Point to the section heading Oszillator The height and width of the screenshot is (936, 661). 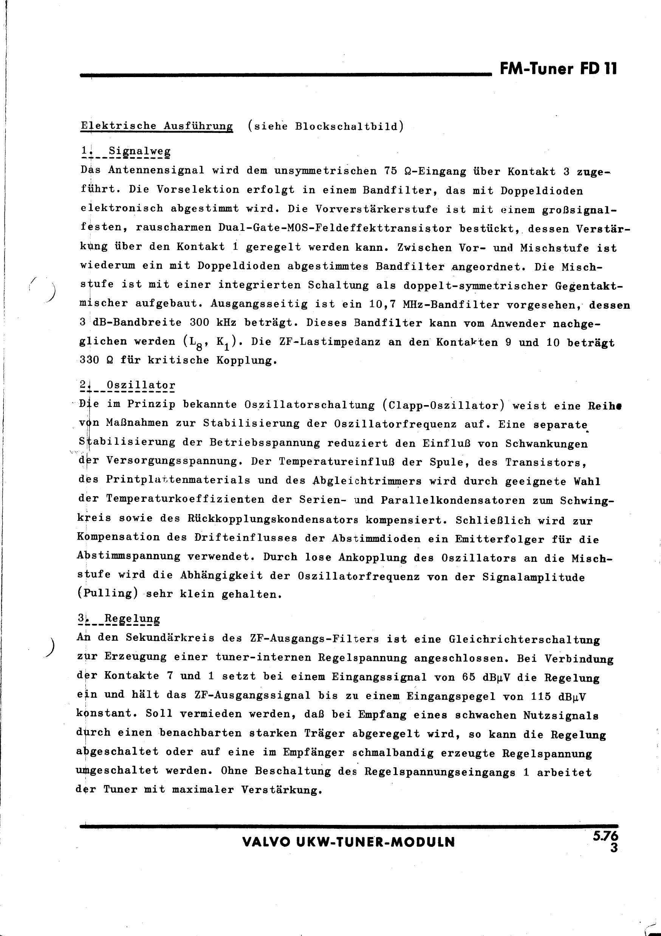[140, 385]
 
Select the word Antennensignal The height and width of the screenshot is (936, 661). [156, 170]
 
